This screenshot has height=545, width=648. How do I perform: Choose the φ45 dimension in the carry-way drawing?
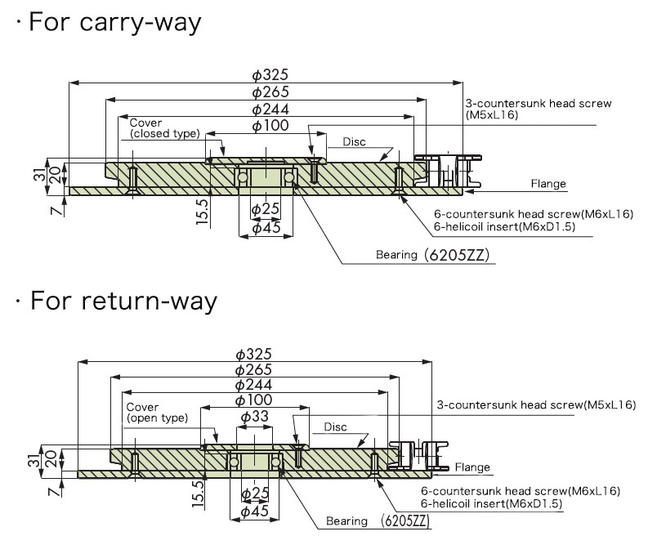(x=266, y=228)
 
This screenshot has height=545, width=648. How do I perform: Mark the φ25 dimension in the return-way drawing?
(x=255, y=494)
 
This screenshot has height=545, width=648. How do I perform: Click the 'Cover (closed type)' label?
(x=164, y=128)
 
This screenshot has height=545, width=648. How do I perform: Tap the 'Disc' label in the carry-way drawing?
(x=354, y=141)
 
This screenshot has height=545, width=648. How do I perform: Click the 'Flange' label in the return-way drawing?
(x=472, y=467)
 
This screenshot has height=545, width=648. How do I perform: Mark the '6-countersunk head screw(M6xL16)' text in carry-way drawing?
(x=533, y=215)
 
